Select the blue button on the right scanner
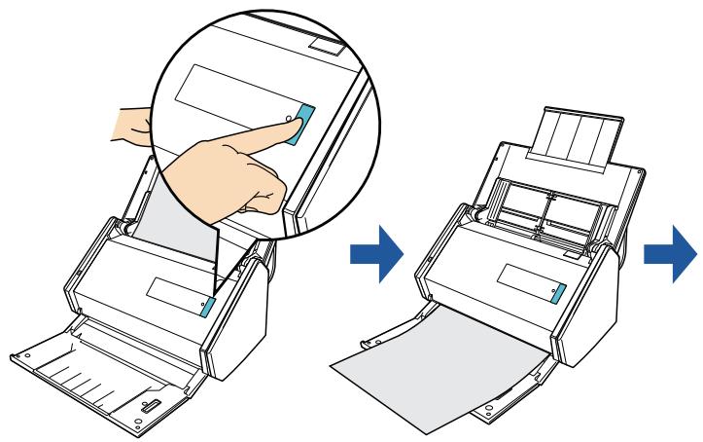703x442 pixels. (x=558, y=294)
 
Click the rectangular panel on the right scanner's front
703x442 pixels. (x=524, y=284)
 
